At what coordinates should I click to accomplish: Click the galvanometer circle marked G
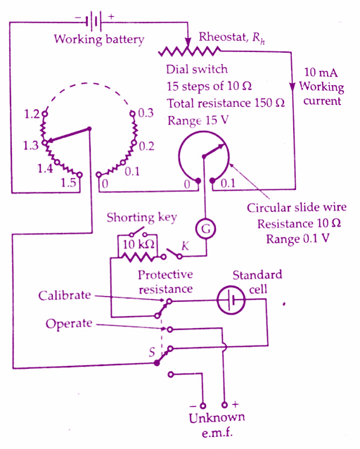205,229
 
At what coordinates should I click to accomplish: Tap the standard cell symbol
231,301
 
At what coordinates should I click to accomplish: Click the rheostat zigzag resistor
189,51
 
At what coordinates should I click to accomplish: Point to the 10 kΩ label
139,244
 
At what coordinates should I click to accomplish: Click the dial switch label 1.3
31,146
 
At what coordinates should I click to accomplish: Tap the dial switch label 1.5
68,182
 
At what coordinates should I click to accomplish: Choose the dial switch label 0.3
146,113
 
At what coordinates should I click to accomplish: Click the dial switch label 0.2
146,146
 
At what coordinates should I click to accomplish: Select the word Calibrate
65,296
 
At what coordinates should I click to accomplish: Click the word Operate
69,324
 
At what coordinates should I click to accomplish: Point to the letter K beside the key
185,246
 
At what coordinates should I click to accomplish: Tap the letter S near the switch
152,352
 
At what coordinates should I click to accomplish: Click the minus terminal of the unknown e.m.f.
203,405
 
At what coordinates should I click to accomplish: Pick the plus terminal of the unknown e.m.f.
225,405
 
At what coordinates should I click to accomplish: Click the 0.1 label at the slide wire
228,183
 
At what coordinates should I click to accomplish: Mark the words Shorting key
141,218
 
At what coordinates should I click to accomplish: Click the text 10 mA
321,72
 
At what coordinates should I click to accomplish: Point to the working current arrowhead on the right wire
292,87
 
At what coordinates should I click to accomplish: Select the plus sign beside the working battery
111,16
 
